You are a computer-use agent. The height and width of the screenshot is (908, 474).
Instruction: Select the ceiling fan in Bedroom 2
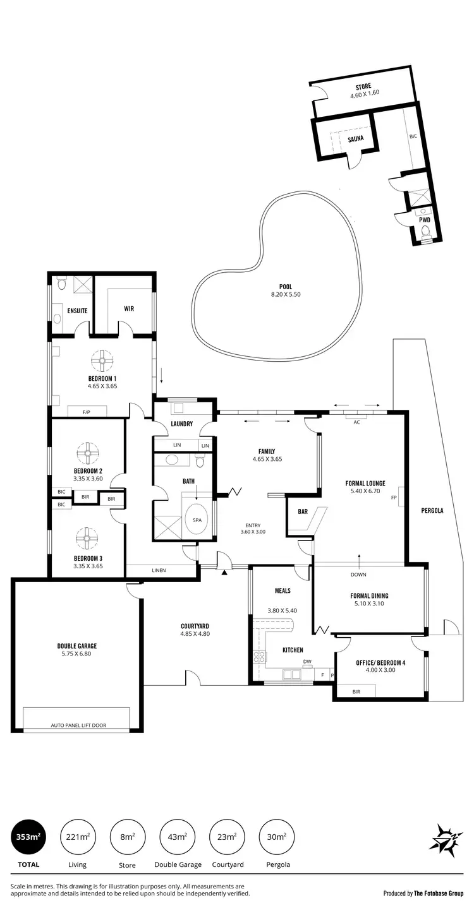(x=88, y=453)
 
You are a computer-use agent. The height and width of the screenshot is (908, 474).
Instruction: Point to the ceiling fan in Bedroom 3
(x=88, y=538)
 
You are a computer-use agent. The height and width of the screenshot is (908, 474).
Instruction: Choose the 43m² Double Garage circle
(x=178, y=837)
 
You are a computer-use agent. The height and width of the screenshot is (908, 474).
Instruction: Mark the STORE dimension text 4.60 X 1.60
(x=363, y=96)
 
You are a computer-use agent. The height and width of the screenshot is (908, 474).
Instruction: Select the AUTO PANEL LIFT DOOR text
(x=78, y=726)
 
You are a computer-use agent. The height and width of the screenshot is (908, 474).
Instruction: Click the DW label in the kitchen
(x=307, y=662)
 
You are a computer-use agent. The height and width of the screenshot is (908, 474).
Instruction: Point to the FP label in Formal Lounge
(x=394, y=498)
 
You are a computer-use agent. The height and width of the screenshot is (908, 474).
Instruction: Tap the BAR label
(x=303, y=511)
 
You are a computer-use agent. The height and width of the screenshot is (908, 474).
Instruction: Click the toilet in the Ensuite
(x=61, y=285)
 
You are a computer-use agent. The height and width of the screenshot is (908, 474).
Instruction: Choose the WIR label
(x=129, y=309)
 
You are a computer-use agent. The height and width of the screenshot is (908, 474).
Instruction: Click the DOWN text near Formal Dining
(x=358, y=575)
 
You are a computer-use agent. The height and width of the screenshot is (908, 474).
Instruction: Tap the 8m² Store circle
(x=128, y=837)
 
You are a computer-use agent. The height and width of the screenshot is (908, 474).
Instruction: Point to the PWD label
(x=425, y=220)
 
